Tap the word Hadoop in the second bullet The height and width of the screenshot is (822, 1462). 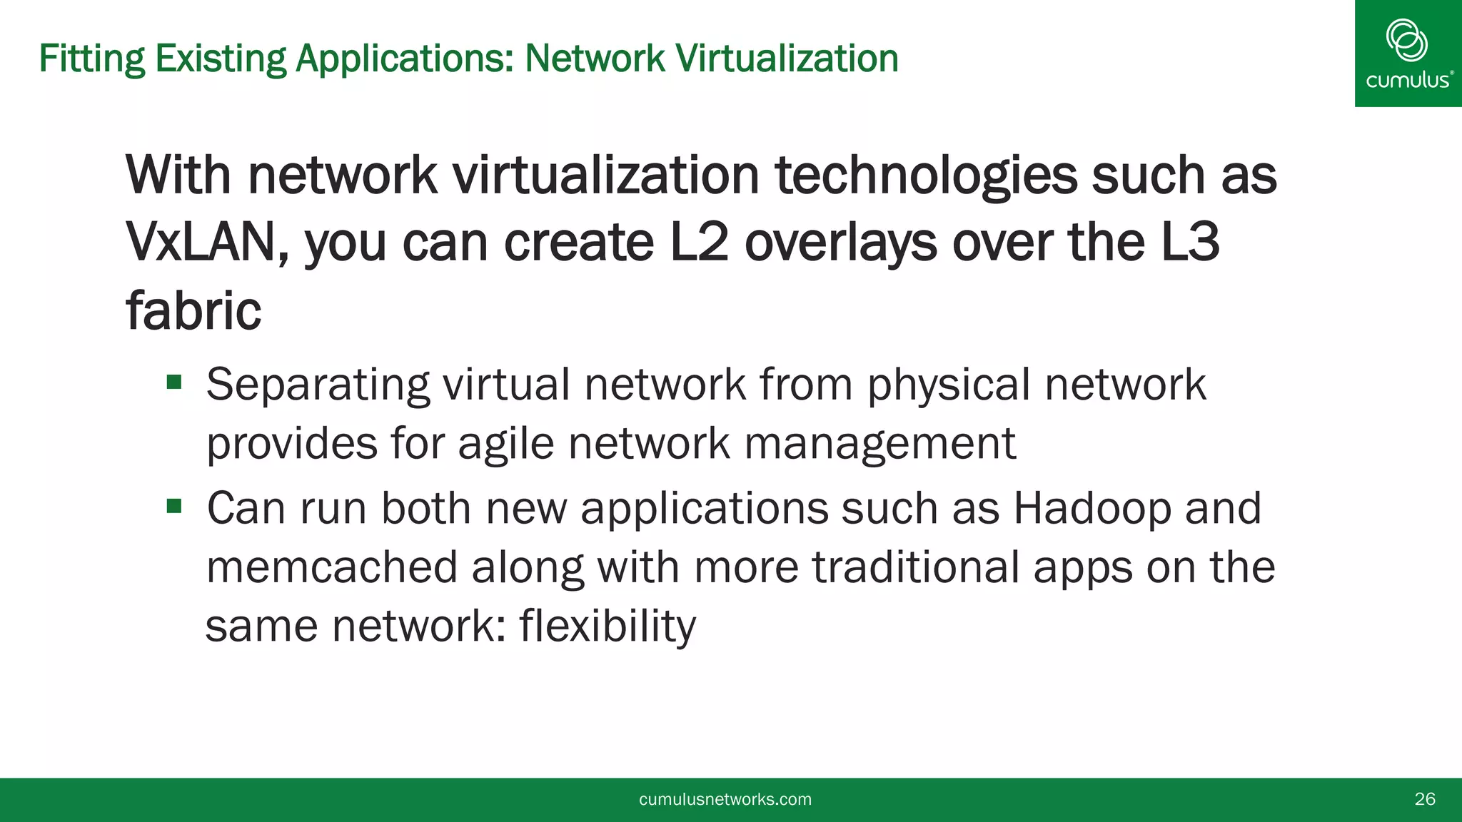point(1092,508)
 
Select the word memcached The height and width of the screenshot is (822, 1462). point(332,567)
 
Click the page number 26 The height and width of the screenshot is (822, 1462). point(1425,799)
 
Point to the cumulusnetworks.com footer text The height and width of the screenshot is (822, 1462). point(725,799)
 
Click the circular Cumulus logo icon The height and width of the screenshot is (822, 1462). point(1406,40)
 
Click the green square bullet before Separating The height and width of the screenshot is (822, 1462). point(174,383)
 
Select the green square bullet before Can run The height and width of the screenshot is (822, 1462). point(174,507)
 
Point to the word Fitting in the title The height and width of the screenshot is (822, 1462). point(92,59)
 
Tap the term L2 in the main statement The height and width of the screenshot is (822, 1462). point(699,243)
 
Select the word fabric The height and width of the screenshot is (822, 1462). point(193,311)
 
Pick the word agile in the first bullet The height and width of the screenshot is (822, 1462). point(505,444)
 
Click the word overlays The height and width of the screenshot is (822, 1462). point(841,243)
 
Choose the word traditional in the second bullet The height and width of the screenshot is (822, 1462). point(916,567)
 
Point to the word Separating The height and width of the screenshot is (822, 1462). point(318,385)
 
